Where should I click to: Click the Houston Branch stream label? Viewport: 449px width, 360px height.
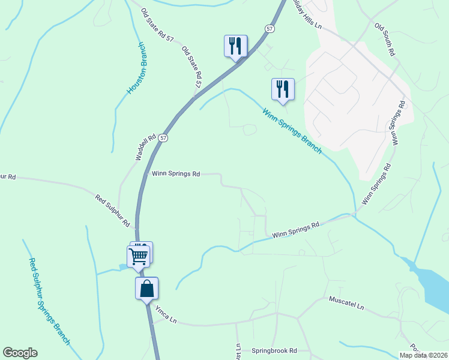click(136, 68)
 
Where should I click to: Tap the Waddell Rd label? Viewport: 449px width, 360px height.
click(146, 146)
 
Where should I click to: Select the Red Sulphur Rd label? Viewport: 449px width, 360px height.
click(113, 210)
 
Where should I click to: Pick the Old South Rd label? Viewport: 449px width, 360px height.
click(385, 40)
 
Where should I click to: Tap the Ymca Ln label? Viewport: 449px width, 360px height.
click(164, 313)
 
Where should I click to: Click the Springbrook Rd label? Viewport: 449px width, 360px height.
click(274, 350)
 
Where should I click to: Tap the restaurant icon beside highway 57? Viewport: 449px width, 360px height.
click(235, 46)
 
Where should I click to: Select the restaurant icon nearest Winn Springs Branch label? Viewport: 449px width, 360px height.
click(282, 89)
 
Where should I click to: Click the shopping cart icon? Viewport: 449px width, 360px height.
click(139, 256)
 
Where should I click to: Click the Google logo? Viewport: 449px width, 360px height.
click(20, 353)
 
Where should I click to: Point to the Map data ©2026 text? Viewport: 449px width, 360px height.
click(423, 355)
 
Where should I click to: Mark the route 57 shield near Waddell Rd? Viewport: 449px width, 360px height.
click(164, 137)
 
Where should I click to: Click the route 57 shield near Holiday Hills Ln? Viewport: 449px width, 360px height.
click(270, 28)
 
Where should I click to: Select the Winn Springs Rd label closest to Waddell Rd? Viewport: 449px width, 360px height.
click(176, 173)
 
